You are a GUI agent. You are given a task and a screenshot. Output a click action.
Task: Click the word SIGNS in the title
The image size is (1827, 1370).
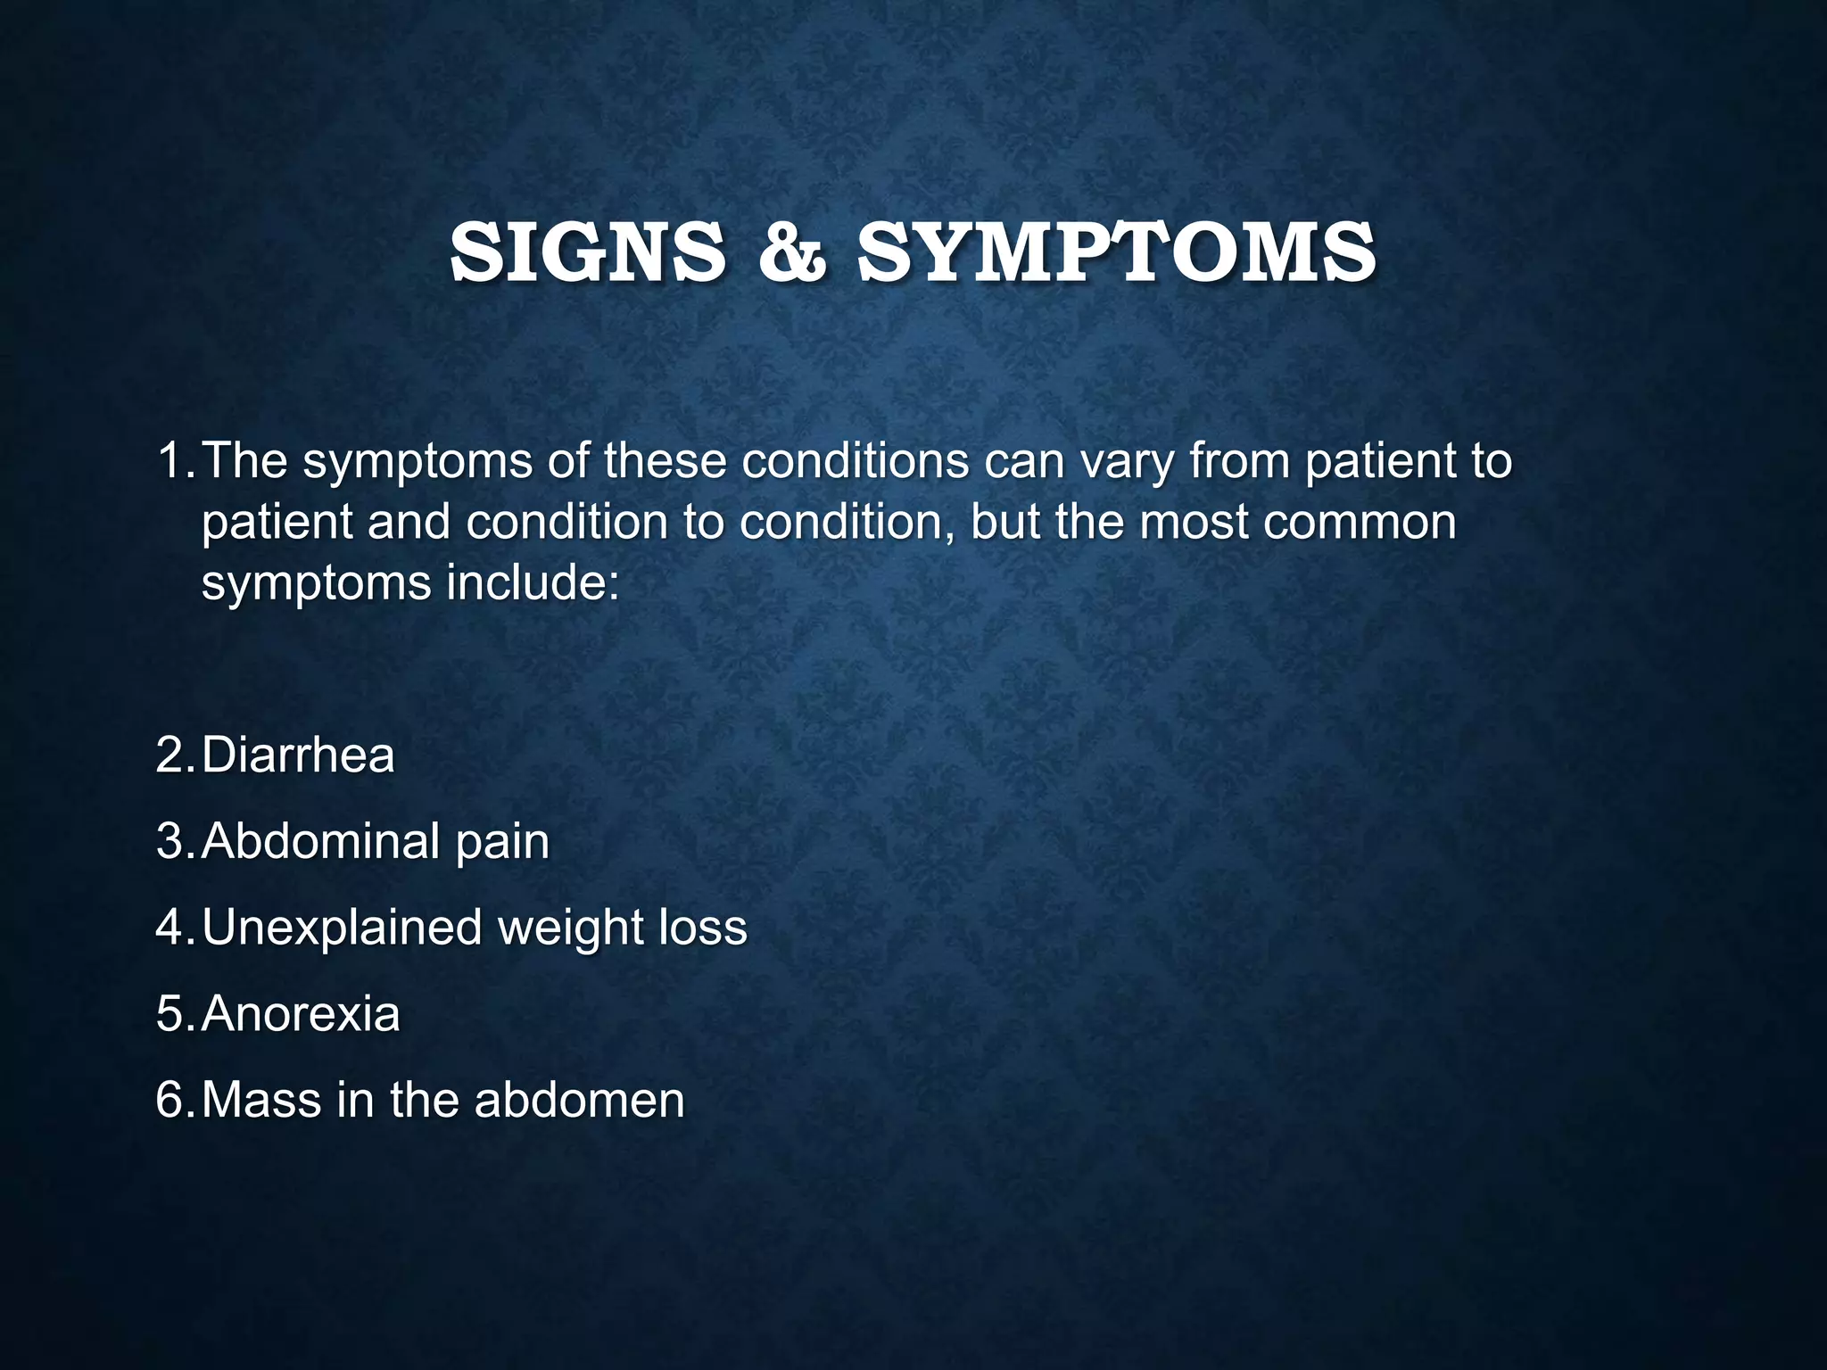[588, 253]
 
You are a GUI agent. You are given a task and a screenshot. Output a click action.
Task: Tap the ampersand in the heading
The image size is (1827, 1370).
[792, 253]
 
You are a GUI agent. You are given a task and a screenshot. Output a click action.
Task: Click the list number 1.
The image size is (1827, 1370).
[173, 461]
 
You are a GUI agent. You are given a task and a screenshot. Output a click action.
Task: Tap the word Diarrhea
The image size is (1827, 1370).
[298, 755]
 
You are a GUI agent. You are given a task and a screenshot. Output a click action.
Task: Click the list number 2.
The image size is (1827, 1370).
[174, 755]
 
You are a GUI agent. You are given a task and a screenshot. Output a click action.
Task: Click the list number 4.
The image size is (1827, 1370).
[174, 928]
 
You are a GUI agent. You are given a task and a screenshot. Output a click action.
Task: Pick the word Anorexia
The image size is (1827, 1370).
[302, 1014]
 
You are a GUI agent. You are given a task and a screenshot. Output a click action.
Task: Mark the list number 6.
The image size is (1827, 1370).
[174, 1100]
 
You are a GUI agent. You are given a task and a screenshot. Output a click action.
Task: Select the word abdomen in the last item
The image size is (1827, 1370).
[579, 1100]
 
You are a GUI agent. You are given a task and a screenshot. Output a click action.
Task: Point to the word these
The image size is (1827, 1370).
[665, 461]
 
